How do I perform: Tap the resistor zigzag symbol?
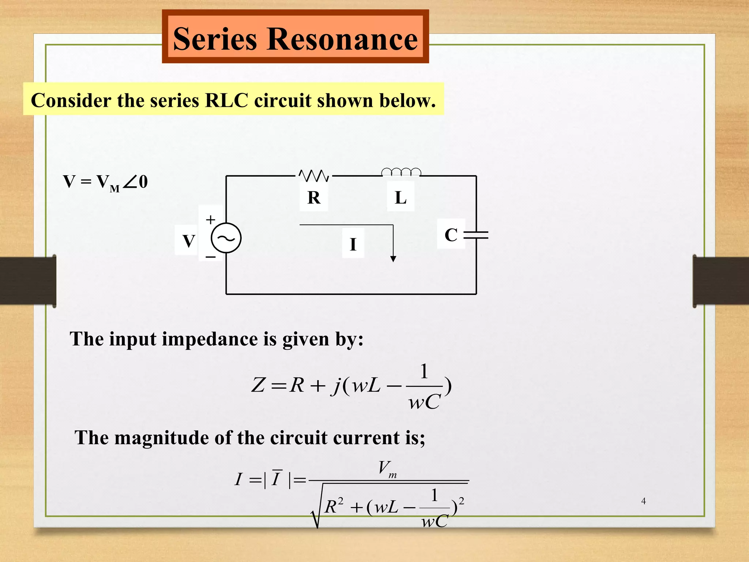tap(314, 176)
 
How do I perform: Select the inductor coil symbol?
tap(401, 172)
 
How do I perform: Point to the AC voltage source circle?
tap(226, 238)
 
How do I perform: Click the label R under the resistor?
tap(314, 198)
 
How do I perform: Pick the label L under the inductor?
tap(400, 198)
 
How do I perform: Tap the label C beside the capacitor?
tap(451, 235)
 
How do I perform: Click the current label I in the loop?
tap(353, 244)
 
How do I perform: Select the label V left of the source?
tap(189, 241)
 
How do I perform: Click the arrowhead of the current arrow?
tap(393, 259)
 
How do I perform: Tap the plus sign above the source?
tap(210, 220)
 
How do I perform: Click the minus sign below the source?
tap(211, 257)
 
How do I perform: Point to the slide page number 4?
tap(644, 501)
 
